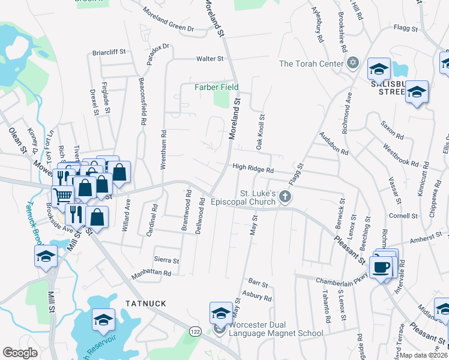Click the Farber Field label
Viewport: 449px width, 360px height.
coord(216,87)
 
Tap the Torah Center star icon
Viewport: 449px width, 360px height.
coord(353,63)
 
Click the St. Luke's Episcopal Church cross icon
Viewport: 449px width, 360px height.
coord(286,196)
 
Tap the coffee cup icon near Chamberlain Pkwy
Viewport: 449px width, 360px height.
coord(381,268)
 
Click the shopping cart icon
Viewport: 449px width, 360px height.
coord(63,196)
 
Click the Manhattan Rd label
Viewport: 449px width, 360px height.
coord(151,274)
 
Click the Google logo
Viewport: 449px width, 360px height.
coord(20,353)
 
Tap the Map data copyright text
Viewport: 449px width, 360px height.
coord(424,355)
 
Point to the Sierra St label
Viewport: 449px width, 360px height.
coord(167,261)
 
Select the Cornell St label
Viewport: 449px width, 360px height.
coord(403,215)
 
